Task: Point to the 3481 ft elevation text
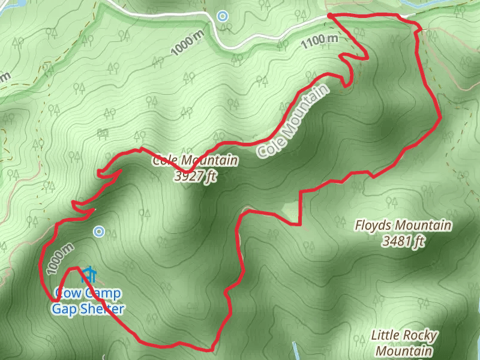coord(403,242)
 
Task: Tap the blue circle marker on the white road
coord(223,16)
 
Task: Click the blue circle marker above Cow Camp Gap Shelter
coord(100,231)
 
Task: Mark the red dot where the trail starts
coord(330,15)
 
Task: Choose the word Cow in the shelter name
coord(66,294)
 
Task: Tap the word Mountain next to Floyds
coord(427,226)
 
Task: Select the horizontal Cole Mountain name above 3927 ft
coord(195,161)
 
